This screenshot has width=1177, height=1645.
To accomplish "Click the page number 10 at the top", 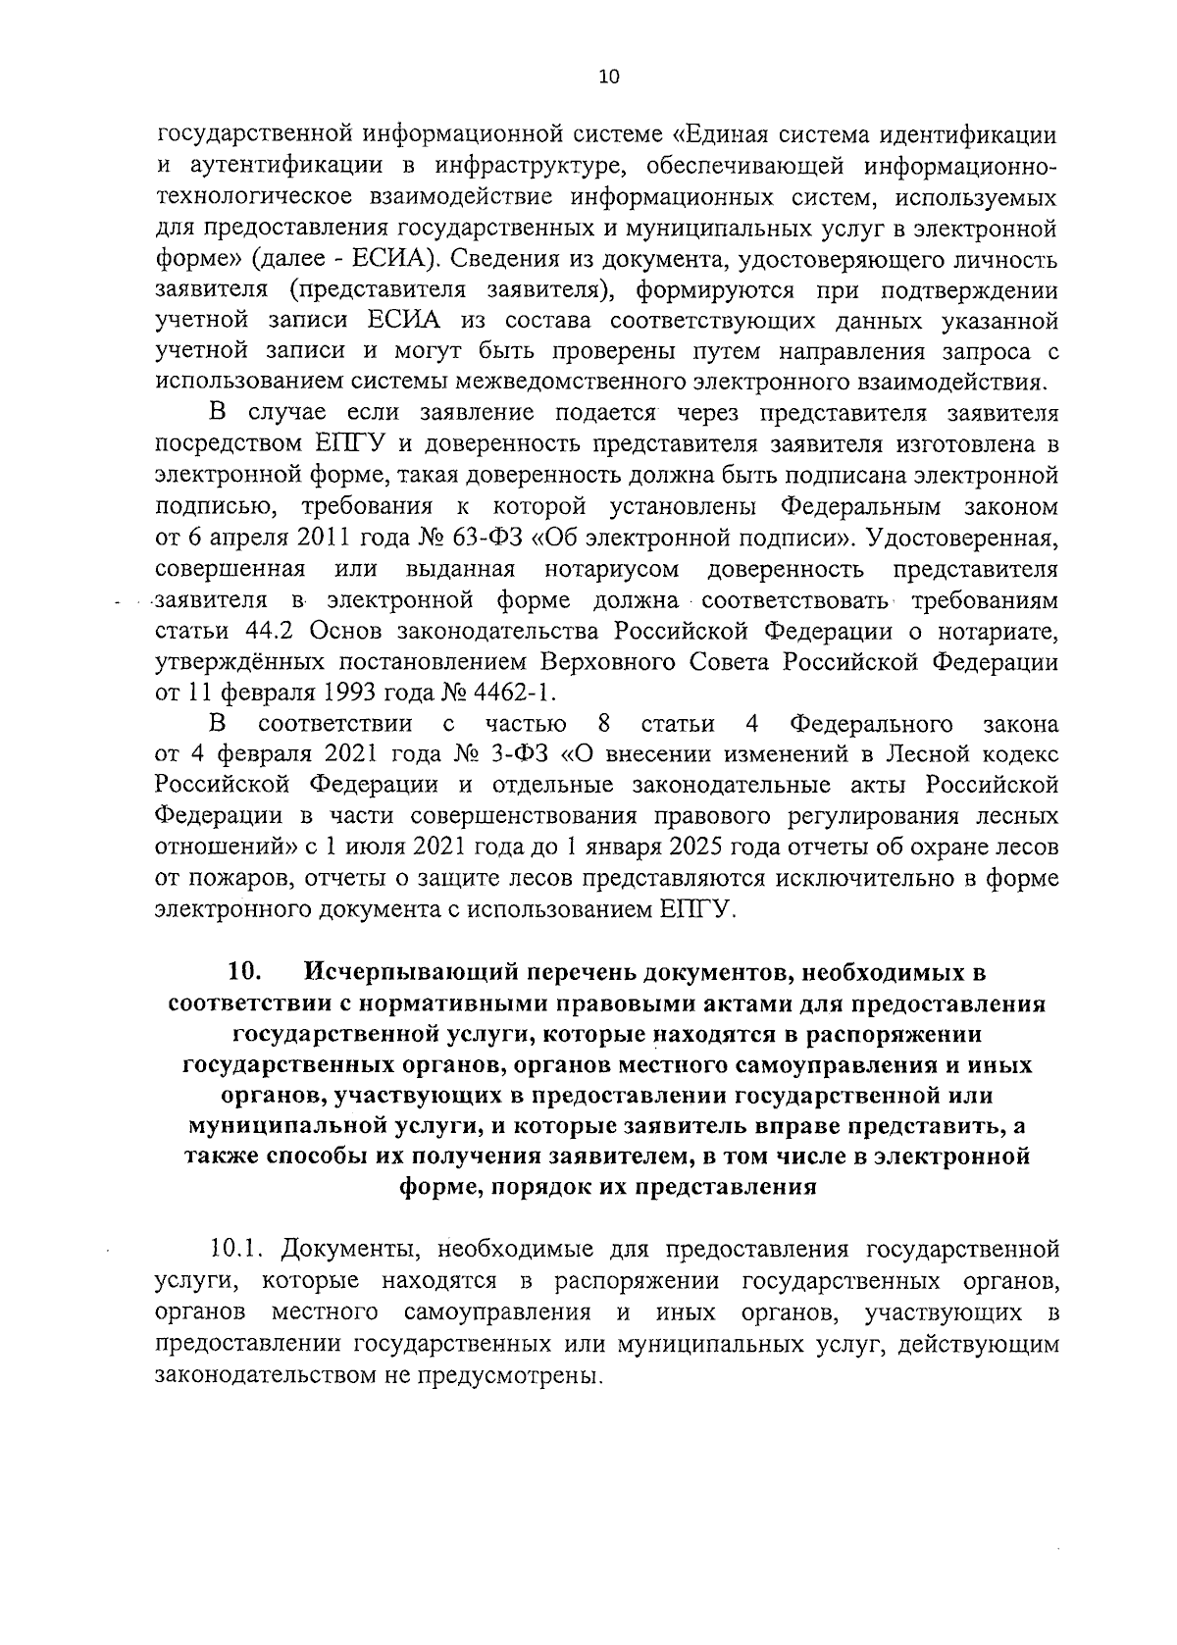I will click(x=608, y=78).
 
